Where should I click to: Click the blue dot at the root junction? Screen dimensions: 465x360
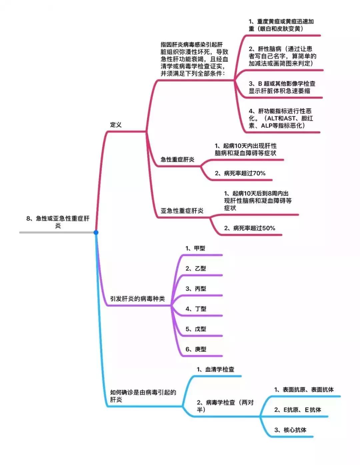tap(96, 232)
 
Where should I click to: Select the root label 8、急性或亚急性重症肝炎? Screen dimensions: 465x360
tap(58, 222)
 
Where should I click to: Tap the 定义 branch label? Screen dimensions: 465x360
tap(116, 125)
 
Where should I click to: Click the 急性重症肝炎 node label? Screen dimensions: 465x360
tap(177, 159)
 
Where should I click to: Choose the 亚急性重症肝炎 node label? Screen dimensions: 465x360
tap(182, 211)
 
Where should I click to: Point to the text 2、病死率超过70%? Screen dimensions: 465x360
tap(240, 173)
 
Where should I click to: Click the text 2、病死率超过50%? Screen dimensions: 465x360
tap(250, 228)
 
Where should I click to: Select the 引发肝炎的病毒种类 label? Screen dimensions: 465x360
tap(137, 299)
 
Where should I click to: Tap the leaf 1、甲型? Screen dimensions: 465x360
tap(196, 248)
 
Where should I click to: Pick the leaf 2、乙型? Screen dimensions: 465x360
tap(196, 268)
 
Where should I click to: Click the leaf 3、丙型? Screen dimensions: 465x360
tap(196, 289)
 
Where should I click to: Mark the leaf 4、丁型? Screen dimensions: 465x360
tap(196, 309)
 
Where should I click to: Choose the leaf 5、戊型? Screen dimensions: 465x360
tap(196, 329)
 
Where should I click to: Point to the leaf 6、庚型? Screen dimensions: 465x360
tap(196, 349)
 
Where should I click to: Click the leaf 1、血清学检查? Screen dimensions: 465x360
tap(216, 369)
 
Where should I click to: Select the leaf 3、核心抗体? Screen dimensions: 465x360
tap(290, 430)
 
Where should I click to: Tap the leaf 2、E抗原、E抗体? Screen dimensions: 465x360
tap(298, 410)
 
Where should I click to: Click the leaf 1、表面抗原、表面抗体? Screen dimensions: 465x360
tap(304, 390)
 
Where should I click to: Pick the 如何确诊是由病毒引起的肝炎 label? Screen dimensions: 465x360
tap(143, 396)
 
